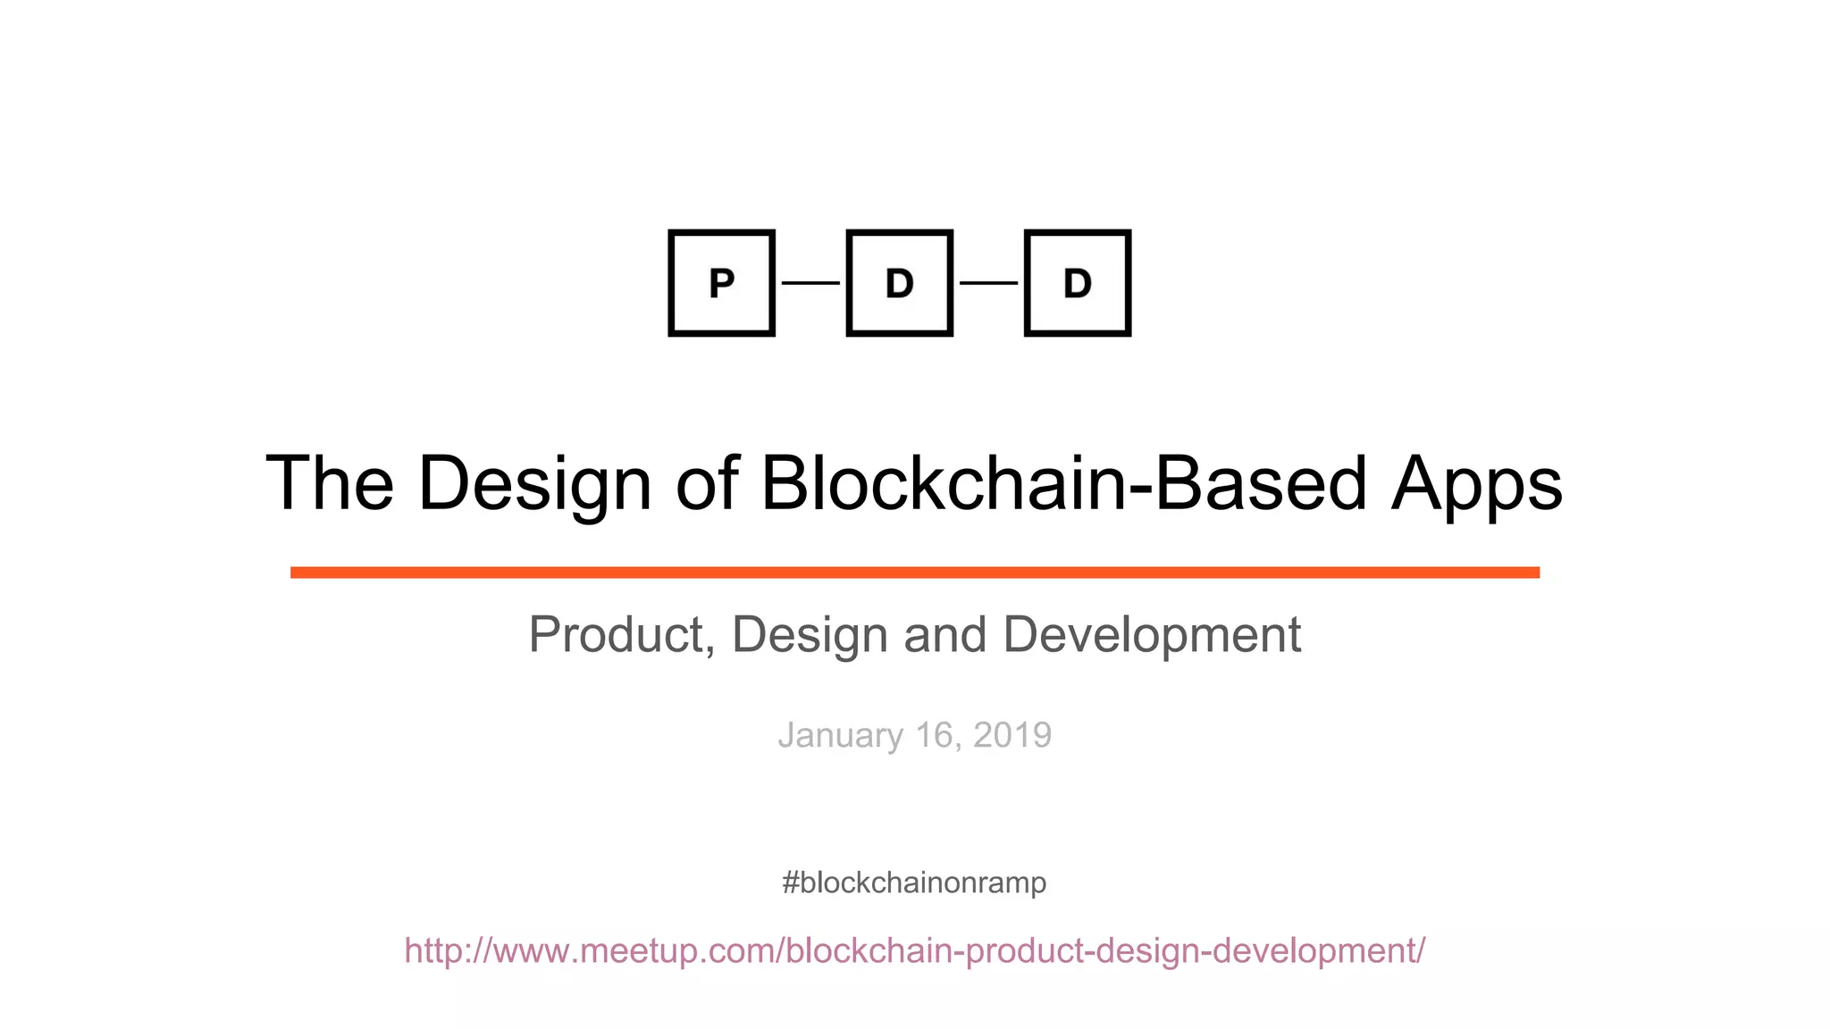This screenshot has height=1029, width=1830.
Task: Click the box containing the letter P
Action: click(x=721, y=283)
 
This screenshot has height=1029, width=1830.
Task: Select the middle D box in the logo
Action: click(x=899, y=283)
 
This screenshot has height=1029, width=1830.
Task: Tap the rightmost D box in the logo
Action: click(x=1077, y=283)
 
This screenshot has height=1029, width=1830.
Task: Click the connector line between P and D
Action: click(x=810, y=283)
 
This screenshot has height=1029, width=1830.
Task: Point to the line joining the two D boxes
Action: click(x=988, y=283)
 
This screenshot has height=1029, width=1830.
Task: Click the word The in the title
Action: click(x=330, y=483)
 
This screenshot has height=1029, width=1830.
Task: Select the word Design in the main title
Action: click(x=534, y=485)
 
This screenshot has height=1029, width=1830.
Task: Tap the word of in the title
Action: click(x=706, y=483)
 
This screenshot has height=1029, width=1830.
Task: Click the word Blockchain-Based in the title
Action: click(x=1063, y=483)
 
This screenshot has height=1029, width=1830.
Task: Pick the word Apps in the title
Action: click(x=1476, y=485)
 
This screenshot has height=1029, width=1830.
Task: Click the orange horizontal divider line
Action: click(x=914, y=573)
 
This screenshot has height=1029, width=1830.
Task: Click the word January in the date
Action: click(x=841, y=736)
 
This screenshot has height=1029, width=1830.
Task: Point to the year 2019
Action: click(x=1012, y=735)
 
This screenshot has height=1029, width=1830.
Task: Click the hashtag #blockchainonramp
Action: click(x=913, y=883)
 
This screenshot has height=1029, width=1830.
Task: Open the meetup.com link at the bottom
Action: click(x=914, y=950)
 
